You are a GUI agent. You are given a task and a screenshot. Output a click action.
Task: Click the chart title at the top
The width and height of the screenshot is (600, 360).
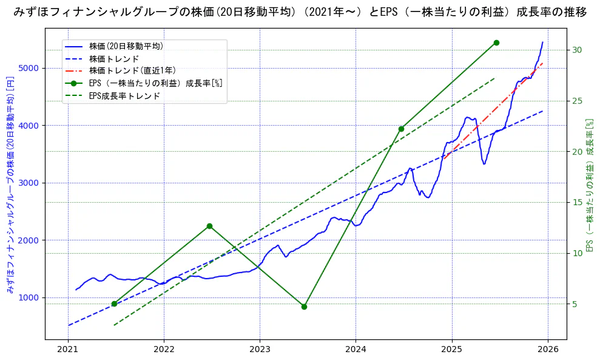(x=300, y=12)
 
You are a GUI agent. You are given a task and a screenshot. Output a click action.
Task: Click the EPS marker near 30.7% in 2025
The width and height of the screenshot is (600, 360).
(x=496, y=42)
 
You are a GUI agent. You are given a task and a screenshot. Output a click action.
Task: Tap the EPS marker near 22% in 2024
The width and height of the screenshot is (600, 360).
(x=401, y=129)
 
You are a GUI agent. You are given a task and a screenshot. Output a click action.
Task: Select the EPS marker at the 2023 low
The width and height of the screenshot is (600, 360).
(x=304, y=307)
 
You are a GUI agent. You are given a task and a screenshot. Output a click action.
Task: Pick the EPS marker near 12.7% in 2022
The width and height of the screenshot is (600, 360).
(x=209, y=226)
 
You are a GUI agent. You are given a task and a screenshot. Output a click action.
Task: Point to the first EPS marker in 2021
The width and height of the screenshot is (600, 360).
(x=114, y=304)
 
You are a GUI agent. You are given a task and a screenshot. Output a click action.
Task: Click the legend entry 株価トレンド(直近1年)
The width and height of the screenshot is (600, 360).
(x=132, y=70)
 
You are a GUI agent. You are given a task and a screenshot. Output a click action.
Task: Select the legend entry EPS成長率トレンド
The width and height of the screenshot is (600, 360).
(x=124, y=96)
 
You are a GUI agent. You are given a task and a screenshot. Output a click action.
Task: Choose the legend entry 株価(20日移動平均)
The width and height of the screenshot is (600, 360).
(x=126, y=46)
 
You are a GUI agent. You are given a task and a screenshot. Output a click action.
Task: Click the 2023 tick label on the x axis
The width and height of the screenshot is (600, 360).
(x=260, y=350)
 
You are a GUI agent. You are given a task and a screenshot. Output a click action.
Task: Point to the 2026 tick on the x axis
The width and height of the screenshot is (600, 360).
(x=548, y=350)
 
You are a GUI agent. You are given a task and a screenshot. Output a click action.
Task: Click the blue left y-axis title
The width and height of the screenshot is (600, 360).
(x=10, y=185)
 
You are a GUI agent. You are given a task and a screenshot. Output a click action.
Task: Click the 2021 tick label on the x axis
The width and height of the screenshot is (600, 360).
(x=68, y=350)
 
